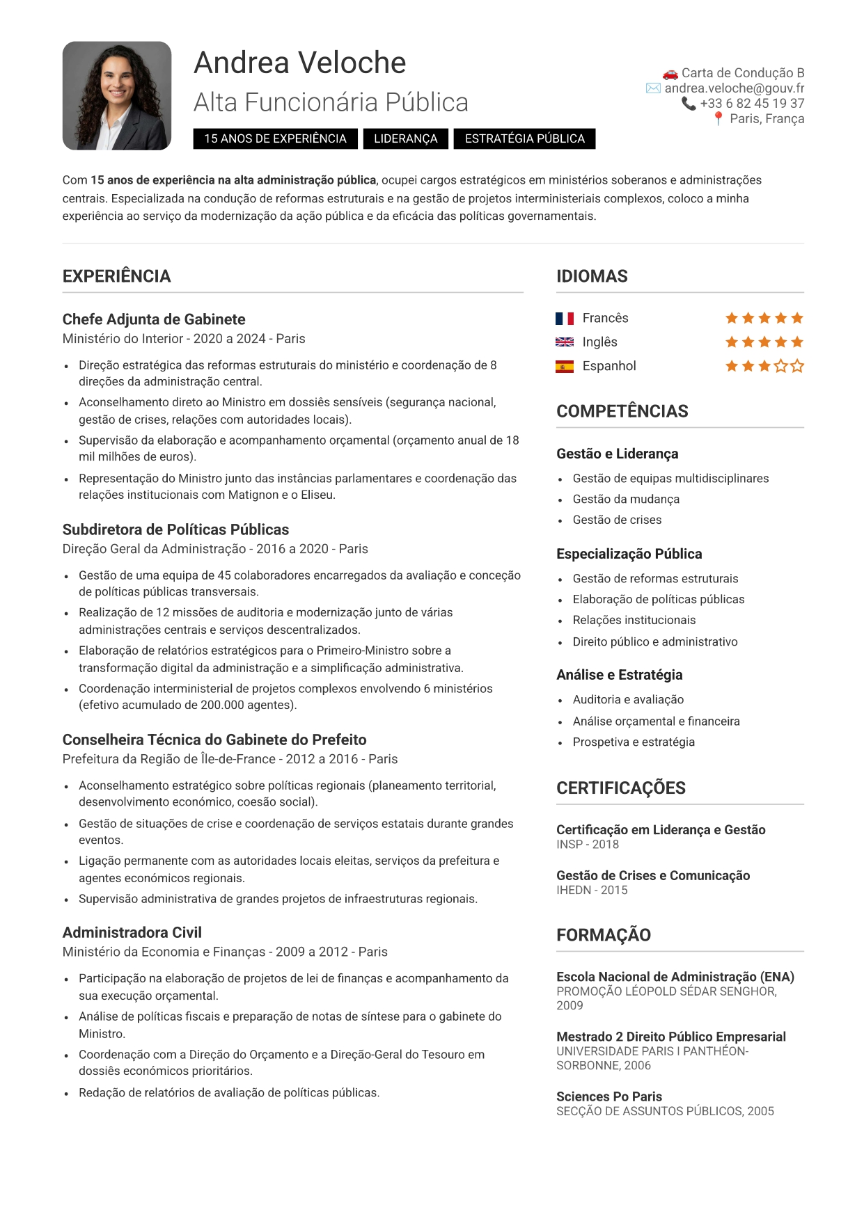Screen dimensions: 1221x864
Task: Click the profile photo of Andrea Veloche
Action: [x=117, y=96]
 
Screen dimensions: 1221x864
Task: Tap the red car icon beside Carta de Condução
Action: [x=670, y=73]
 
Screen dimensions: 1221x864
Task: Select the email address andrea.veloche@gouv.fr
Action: [x=734, y=88]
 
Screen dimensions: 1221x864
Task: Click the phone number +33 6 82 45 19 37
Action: [x=751, y=104]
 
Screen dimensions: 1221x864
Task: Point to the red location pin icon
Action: [x=718, y=119]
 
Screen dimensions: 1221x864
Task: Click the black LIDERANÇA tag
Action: [x=405, y=138]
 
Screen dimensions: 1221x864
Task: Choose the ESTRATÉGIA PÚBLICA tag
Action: [x=524, y=138]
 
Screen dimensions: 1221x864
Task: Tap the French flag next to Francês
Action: [x=564, y=319]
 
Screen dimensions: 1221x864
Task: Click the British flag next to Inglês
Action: [x=564, y=342]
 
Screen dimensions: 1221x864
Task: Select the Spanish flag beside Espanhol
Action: [x=564, y=367]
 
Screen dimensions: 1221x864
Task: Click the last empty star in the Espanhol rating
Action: [x=797, y=366]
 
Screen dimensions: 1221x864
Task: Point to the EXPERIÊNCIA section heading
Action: [x=116, y=276]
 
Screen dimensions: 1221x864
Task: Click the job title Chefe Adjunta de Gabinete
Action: [x=154, y=319]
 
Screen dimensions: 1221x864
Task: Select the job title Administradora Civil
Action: [x=132, y=933]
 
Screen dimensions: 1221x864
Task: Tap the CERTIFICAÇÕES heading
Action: [x=620, y=788]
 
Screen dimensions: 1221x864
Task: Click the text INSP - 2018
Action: [x=587, y=845]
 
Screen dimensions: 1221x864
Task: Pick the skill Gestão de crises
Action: [x=617, y=520]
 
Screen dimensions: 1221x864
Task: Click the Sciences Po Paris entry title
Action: [x=608, y=1096]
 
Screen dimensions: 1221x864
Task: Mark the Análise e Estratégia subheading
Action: [x=619, y=675]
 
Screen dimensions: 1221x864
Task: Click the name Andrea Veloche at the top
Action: [x=299, y=63]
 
